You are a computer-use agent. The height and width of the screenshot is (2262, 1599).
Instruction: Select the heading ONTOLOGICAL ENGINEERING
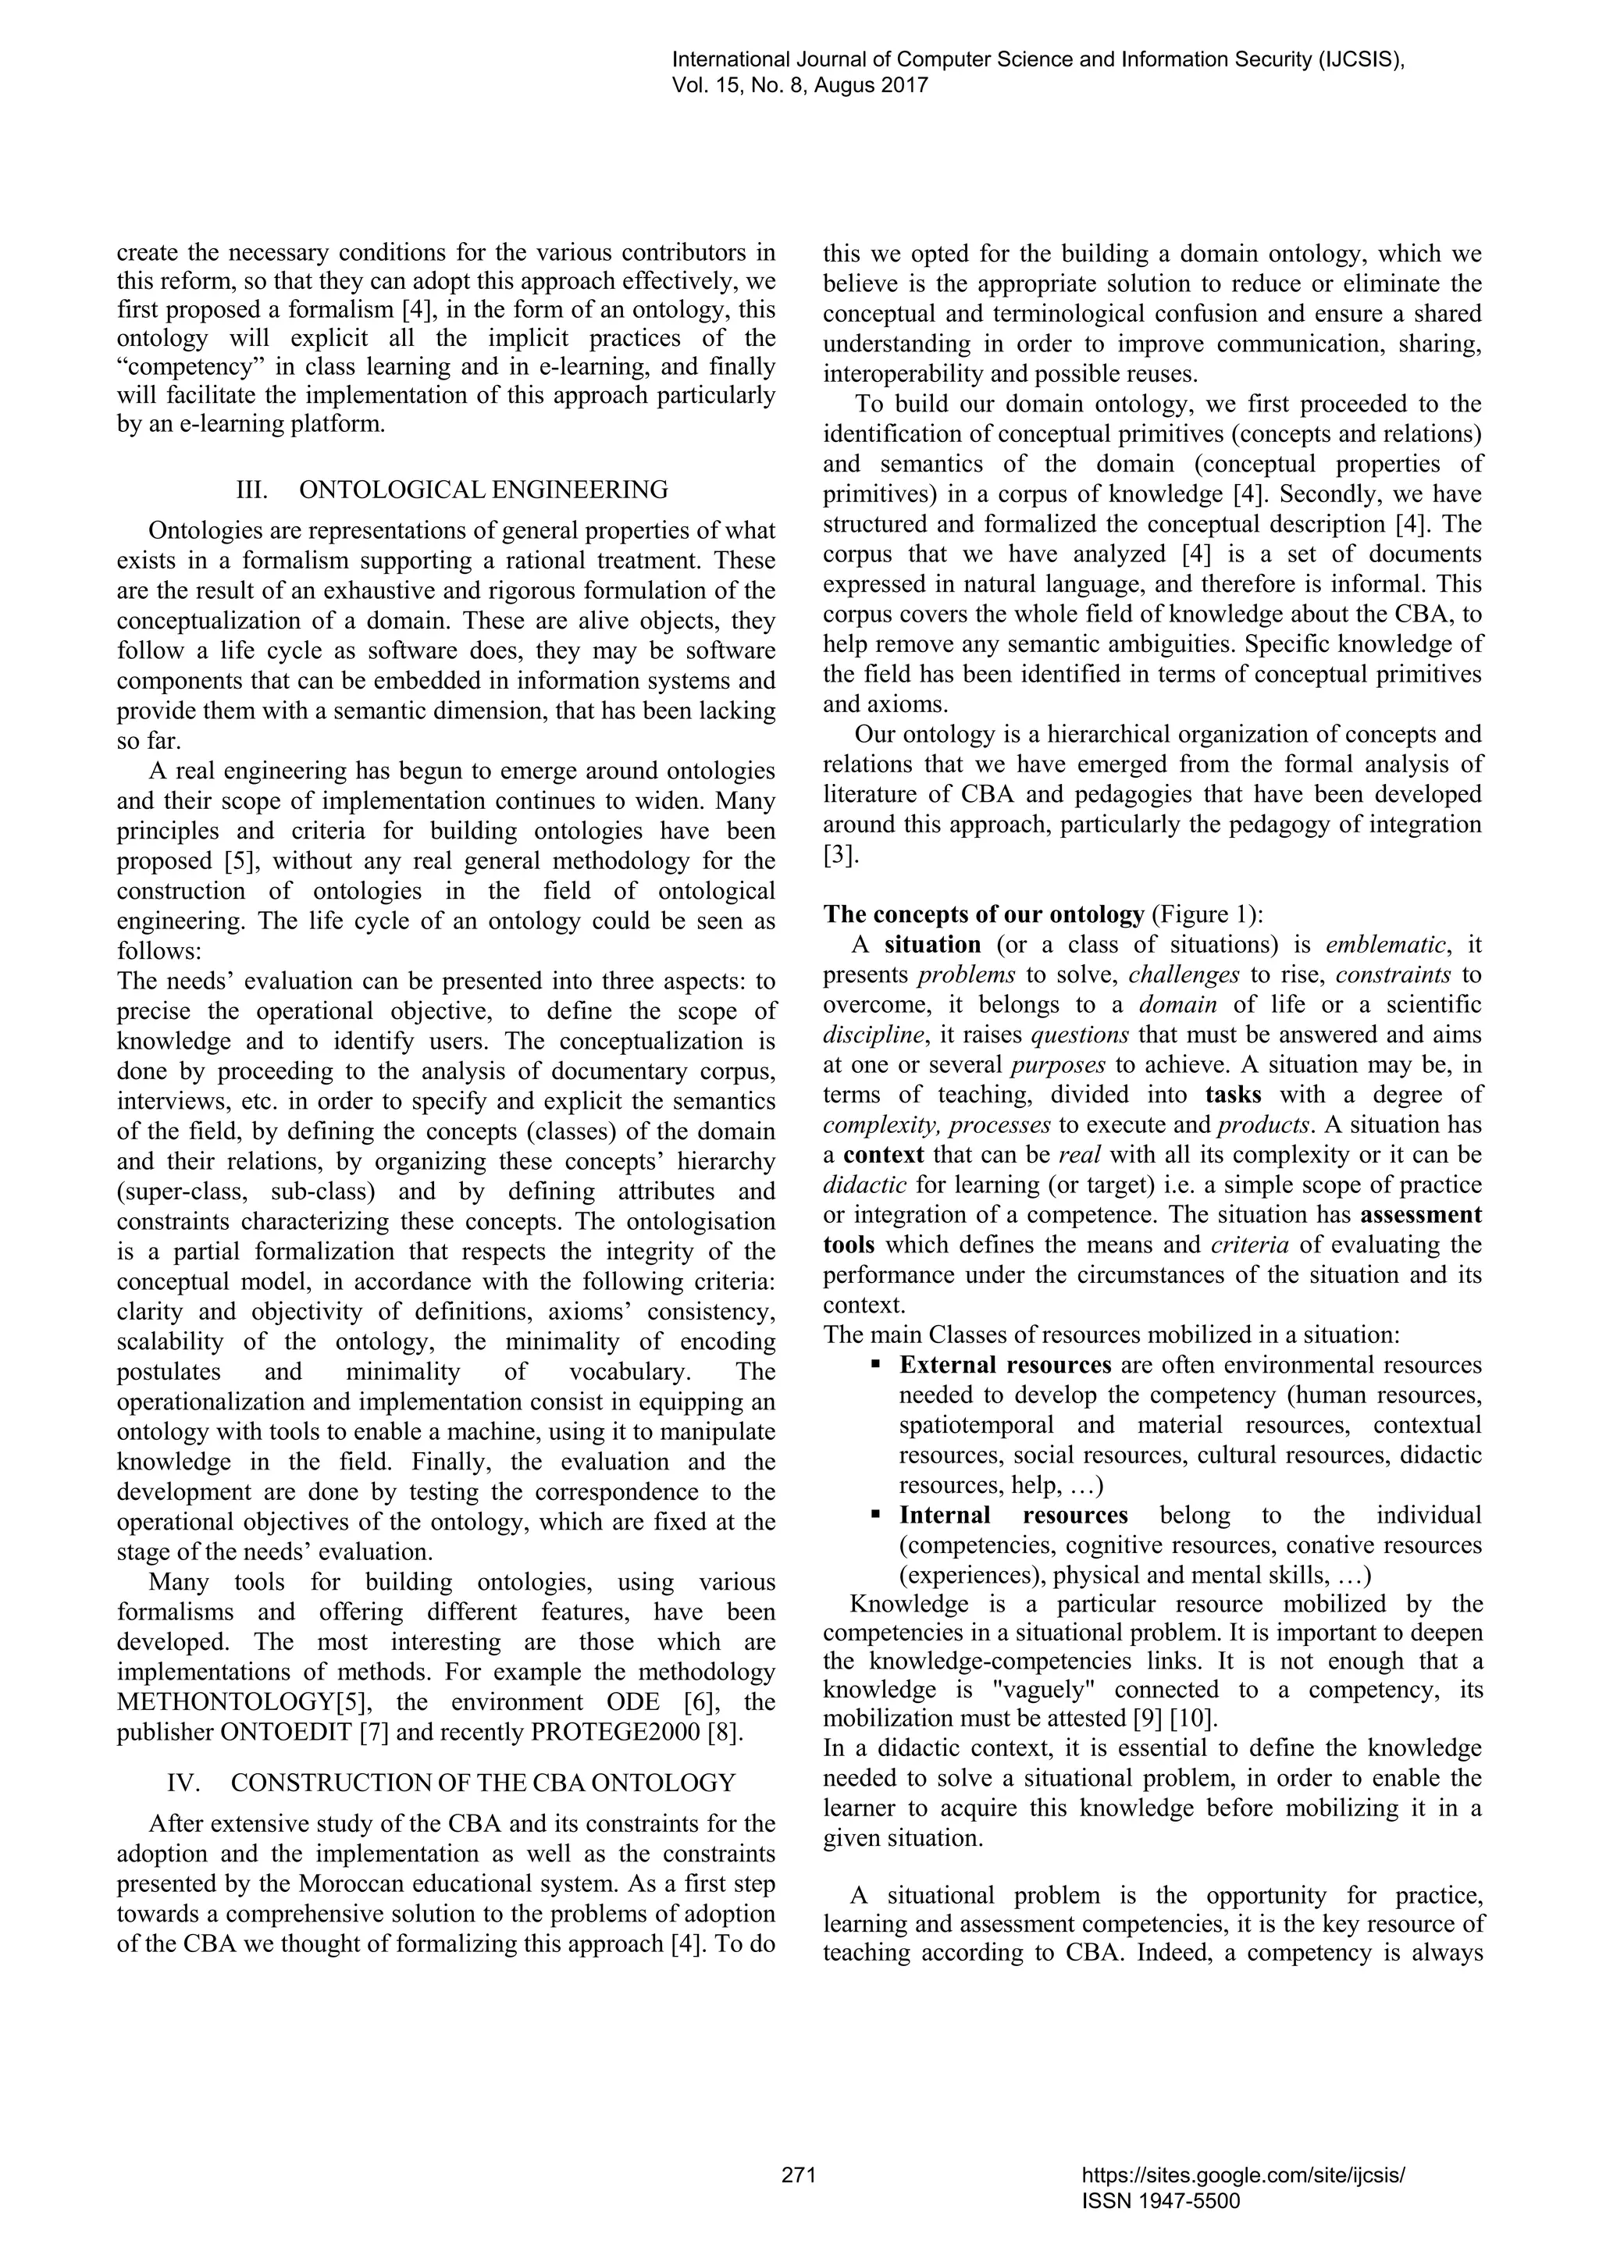point(483,490)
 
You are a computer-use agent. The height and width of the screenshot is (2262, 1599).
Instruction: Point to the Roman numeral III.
point(252,490)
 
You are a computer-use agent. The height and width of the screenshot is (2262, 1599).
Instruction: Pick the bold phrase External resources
point(1005,1366)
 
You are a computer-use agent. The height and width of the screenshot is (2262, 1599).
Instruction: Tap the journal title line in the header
point(1038,60)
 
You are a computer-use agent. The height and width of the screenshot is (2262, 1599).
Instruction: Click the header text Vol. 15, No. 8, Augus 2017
point(801,86)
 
